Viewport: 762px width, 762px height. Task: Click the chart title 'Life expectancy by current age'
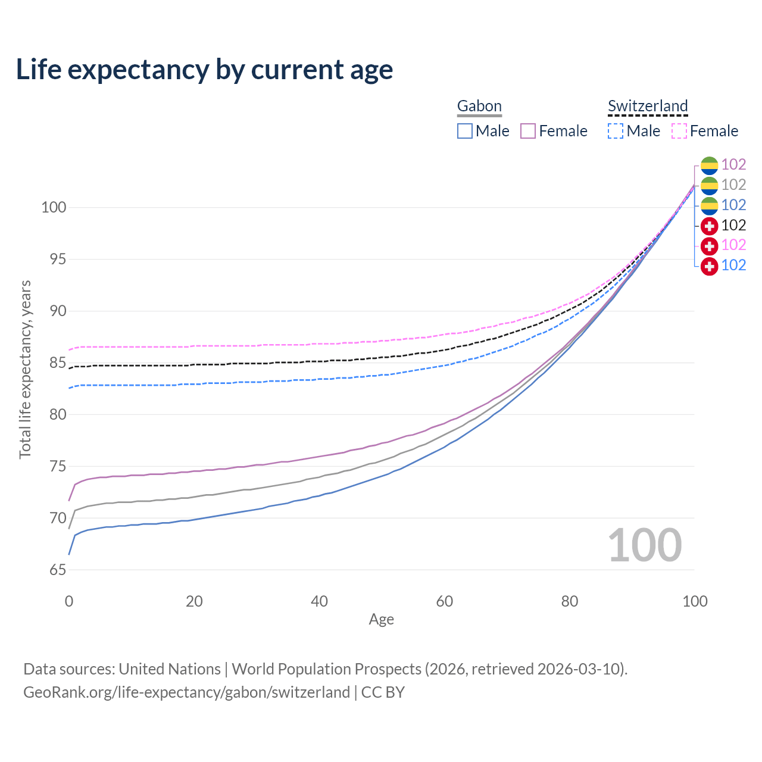(204, 70)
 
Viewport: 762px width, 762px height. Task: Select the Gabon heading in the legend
(479, 106)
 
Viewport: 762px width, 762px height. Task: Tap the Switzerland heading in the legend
(648, 106)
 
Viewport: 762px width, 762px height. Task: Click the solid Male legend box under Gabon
(465, 131)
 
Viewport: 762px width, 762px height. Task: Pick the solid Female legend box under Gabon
(528, 131)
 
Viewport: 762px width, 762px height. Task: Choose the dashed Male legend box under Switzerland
(616, 131)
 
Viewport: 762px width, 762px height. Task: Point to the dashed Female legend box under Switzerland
(679, 131)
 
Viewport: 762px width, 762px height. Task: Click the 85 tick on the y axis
(58, 363)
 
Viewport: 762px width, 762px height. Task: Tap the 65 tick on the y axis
(58, 570)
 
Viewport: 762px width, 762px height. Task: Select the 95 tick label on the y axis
(58, 259)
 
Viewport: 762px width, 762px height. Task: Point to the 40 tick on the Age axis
(319, 601)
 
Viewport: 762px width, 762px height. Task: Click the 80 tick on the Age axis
(570, 601)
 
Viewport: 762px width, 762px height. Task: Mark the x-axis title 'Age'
(381, 620)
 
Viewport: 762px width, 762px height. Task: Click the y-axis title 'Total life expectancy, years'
(25, 369)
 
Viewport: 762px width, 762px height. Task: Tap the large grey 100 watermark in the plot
(645, 545)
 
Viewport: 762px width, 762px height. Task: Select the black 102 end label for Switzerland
(733, 225)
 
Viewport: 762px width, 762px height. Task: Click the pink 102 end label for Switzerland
(733, 245)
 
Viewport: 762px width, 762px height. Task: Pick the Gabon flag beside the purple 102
(709, 165)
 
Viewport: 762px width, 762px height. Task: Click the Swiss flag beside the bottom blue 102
(709, 266)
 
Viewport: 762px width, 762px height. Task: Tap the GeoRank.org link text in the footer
(186, 692)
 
